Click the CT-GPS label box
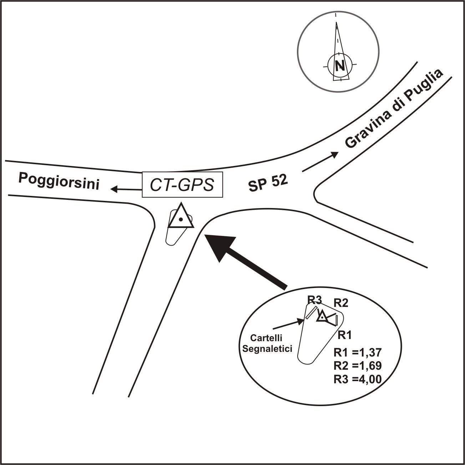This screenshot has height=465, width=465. [182, 185]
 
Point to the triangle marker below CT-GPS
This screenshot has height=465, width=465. [181, 217]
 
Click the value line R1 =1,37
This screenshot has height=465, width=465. [358, 353]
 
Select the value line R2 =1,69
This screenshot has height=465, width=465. [358, 366]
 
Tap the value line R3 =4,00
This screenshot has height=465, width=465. [358, 380]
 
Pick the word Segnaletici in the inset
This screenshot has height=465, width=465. [267, 348]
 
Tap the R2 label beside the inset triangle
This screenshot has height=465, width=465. [341, 303]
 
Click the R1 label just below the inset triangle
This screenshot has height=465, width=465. [345, 335]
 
